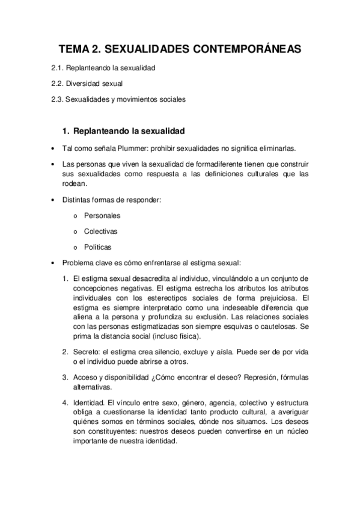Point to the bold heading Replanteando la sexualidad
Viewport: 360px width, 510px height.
[128, 131]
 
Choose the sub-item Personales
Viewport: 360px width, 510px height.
[102, 215]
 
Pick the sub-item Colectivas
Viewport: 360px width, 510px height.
[101, 231]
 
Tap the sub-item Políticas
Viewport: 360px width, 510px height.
[98, 247]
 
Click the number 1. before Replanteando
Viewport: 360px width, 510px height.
[67, 131]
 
